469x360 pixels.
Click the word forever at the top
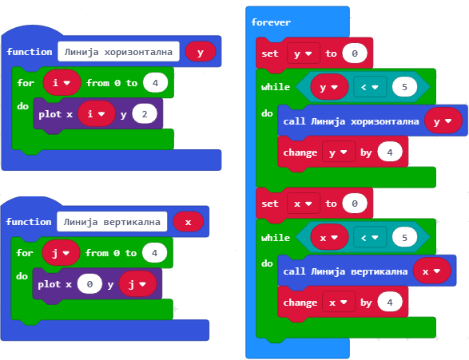coord(271,22)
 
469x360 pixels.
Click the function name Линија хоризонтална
coord(118,52)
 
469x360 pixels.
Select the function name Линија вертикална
coord(112,222)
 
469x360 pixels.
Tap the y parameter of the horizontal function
coord(201,52)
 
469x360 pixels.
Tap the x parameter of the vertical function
coord(188,222)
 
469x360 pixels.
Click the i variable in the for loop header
coord(62,82)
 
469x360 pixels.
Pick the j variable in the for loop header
coord(61,253)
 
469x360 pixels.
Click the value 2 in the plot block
coord(145,114)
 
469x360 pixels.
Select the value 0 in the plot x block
coord(89,284)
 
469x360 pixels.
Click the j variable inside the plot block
coord(137,284)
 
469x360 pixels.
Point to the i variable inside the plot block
coord(97,114)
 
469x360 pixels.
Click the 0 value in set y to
coord(355,53)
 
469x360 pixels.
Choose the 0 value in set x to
coord(355,204)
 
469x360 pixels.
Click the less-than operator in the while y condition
coord(370,87)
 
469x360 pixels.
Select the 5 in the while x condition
coord(405,238)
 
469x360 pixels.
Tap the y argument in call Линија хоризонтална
coord(443,121)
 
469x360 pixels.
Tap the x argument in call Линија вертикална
coord(432,271)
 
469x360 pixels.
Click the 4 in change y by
coord(390,152)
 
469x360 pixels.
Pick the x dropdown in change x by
coord(339,303)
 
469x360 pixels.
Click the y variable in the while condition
coord(329,87)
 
